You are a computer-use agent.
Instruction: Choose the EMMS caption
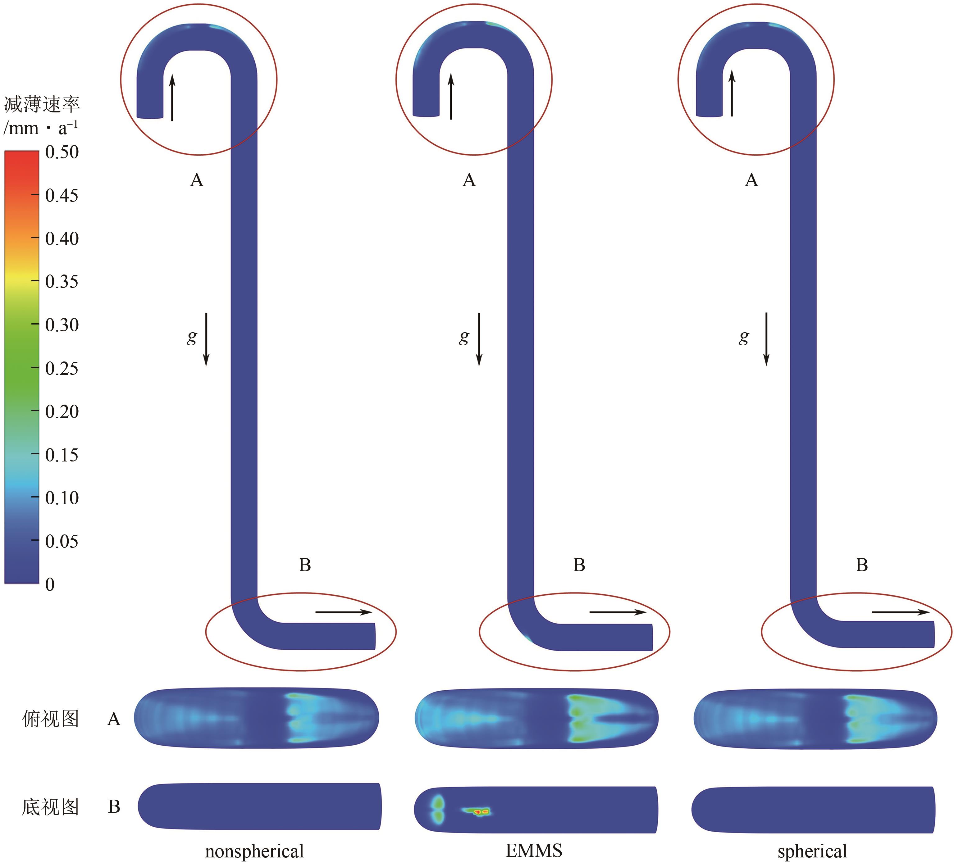tap(534, 851)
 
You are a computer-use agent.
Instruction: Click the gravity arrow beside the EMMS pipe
tap(479, 339)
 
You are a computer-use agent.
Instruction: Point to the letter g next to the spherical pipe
tap(744, 337)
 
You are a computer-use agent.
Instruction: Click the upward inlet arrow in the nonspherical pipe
tap(172, 97)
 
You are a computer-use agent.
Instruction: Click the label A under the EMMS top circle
tap(469, 180)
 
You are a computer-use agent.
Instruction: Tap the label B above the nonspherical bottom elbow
tap(305, 565)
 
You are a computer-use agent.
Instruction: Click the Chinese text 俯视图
tap(50, 719)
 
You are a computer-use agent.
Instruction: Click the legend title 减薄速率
tap(42, 104)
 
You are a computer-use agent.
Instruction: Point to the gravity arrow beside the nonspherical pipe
tap(206, 339)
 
